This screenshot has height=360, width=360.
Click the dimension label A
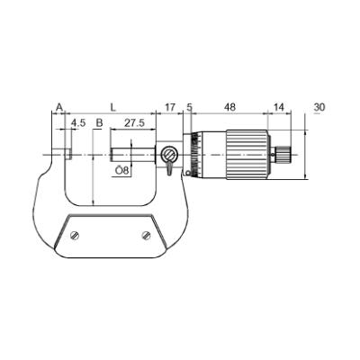tap(59, 107)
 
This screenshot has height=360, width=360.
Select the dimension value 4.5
tap(78, 122)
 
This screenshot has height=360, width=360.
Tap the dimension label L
tap(112, 107)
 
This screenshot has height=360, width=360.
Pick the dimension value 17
tap(171, 107)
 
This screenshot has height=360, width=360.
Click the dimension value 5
tap(190, 107)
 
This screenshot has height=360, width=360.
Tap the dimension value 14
tap(279, 107)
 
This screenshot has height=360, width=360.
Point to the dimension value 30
tap(319, 107)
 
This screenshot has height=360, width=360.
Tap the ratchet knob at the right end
tap(286, 154)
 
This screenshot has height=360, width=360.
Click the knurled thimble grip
tap(247, 154)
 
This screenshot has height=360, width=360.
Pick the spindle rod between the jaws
tap(135, 154)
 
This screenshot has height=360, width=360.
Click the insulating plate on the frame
tap(111, 235)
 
